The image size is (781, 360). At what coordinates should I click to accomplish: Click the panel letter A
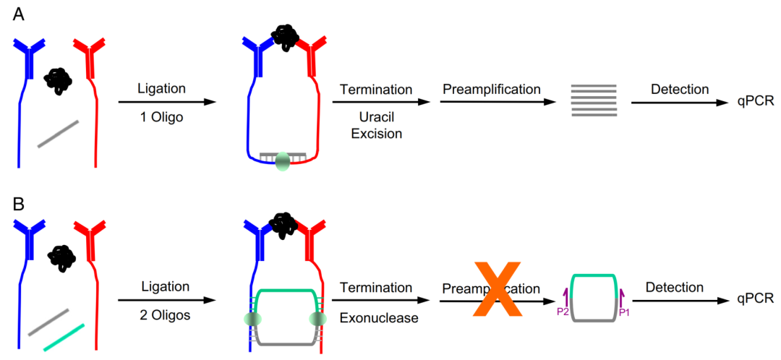pyautogui.click(x=20, y=15)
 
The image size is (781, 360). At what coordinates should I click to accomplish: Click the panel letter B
pyautogui.click(x=20, y=205)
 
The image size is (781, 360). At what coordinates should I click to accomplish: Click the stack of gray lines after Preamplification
pyautogui.click(x=594, y=100)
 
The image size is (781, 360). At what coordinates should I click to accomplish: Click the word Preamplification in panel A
pyautogui.click(x=490, y=90)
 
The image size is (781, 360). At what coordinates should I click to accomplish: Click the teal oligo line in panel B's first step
pyautogui.click(x=64, y=337)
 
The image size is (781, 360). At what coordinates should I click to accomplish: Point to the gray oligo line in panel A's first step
pyautogui.click(x=58, y=134)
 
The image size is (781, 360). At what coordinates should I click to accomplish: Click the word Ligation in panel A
pyautogui.click(x=162, y=89)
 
